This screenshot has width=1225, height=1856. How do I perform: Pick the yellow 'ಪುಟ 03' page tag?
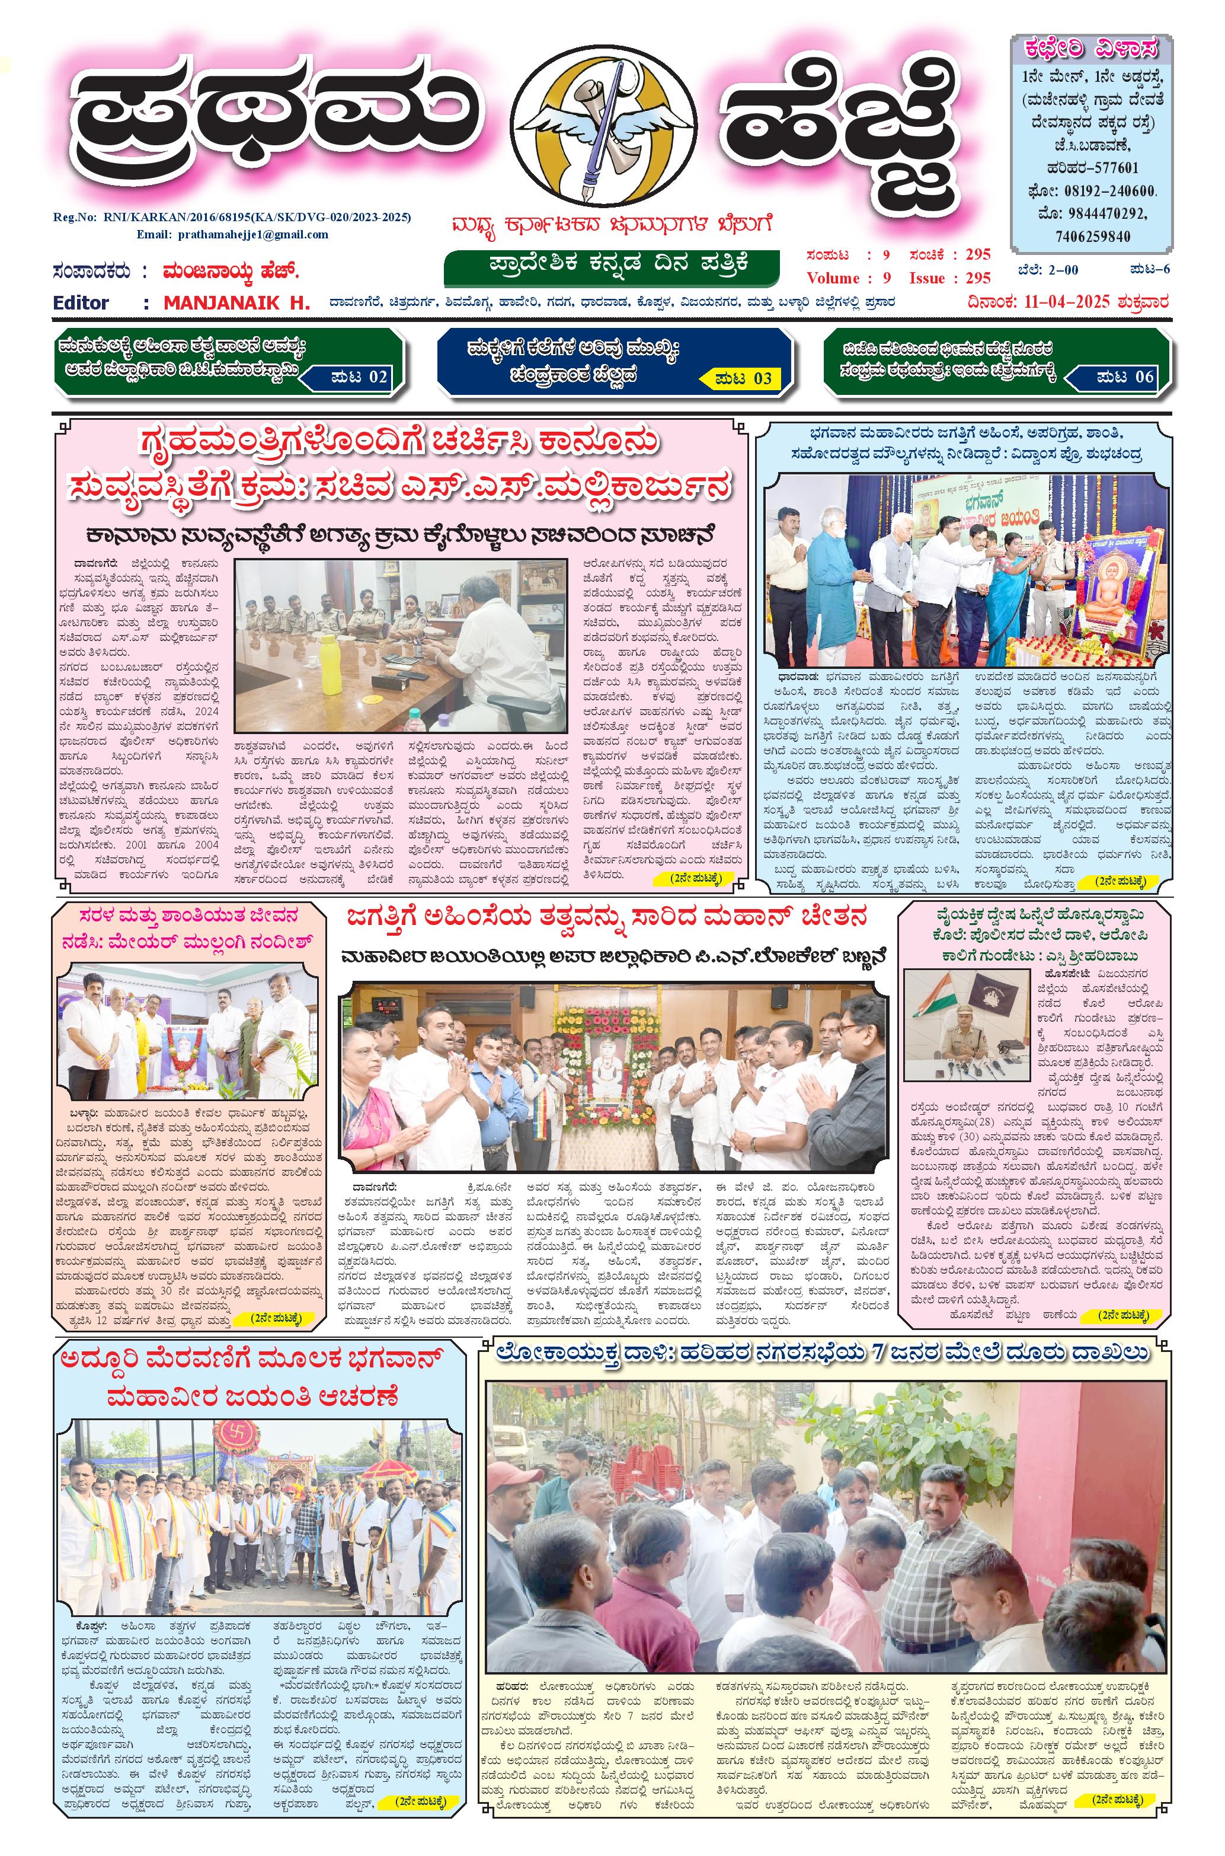pos(742,379)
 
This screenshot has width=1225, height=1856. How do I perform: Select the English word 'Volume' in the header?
pos(832,278)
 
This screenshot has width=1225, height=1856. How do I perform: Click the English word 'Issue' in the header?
pos(930,278)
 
